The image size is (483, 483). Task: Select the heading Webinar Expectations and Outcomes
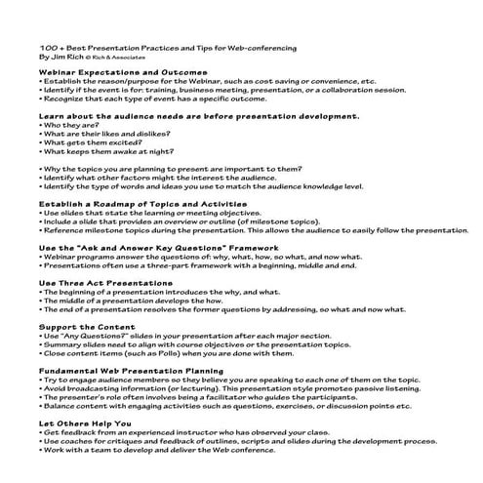[x=123, y=73]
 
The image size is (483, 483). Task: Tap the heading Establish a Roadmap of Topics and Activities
[x=142, y=203]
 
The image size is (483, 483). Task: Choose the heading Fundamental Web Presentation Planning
[x=132, y=371]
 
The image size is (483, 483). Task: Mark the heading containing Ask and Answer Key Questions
[x=146, y=249]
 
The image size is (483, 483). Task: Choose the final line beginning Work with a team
[x=176, y=449]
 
